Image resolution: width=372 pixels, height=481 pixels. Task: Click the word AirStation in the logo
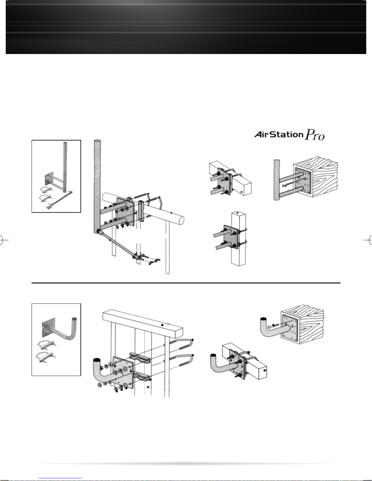pos(278,134)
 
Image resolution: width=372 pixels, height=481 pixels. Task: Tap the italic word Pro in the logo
pos(315,134)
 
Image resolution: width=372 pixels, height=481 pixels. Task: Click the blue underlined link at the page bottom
pos(60,478)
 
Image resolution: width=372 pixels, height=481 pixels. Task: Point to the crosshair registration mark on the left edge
pos(2,240)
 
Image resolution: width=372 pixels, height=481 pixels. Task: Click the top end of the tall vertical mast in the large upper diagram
pos(97,141)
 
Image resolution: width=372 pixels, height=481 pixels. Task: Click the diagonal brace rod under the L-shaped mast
pos(116,243)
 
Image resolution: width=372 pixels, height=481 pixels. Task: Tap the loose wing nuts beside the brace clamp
pos(154,261)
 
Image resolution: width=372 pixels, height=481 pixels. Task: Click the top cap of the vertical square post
pos(238,214)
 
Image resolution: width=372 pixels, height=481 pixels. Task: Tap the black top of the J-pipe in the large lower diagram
pos(97,360)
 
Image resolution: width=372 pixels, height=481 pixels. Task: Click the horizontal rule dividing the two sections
pos(186,283)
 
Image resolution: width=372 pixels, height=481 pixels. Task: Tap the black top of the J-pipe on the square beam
pos(213,356)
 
